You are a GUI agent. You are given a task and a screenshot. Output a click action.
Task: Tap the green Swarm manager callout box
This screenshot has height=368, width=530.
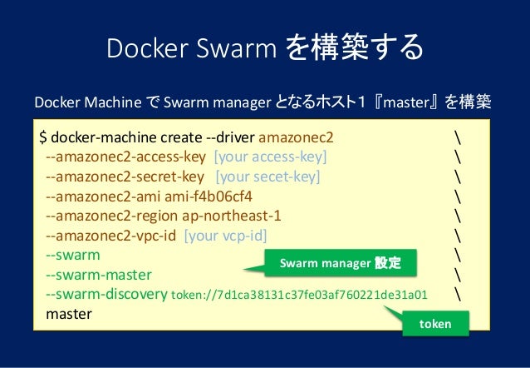(x=340, y=263)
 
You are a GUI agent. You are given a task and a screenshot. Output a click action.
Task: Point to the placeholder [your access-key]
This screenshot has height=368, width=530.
(x=270, y=157)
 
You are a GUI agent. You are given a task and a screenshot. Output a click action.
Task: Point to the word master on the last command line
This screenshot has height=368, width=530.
(x=69, y=315)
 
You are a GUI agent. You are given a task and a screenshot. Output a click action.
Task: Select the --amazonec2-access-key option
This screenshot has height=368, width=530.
(x=125, y=157)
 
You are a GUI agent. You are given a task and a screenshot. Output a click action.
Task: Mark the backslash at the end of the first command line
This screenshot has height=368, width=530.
(x=459, y=137)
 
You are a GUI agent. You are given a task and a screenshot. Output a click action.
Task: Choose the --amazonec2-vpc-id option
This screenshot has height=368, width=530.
(x=110, y=236)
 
